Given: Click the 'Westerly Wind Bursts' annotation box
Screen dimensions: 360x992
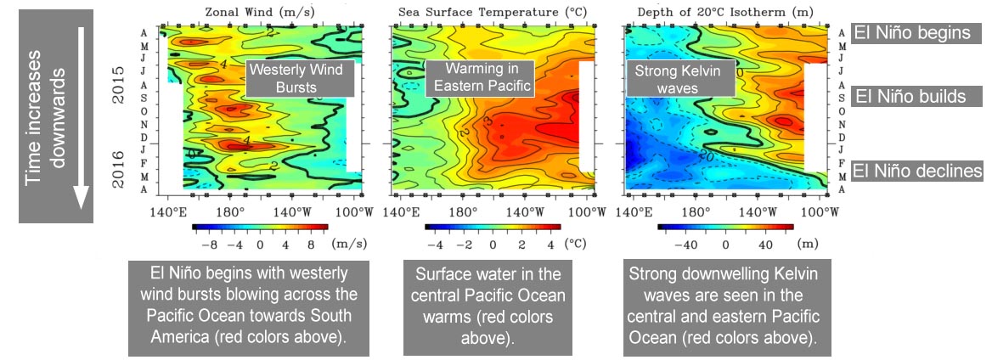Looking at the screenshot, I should (x=295, y=79).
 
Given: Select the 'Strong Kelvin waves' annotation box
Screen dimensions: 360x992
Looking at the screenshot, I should (x=677, y=79).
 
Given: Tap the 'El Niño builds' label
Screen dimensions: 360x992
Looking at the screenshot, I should (x=910, y=96).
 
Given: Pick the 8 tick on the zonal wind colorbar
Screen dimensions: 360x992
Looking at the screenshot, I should (x=311, y=245).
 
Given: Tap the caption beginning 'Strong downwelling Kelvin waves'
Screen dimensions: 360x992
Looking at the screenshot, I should (x=726, y=306).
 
